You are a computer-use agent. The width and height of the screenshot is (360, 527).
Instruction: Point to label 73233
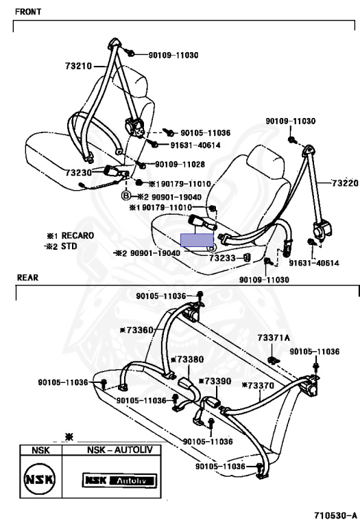pyautogui.click(x=224, y=258)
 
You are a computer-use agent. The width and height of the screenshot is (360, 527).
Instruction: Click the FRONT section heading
pyautogui.click(x=28, y=12)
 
